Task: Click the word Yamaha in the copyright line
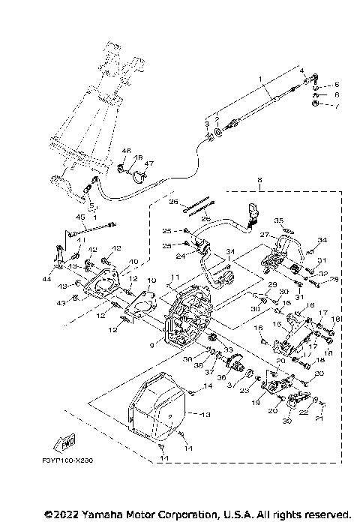click(x=93, y=514)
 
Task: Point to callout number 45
click(x=79, y=217)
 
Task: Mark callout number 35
click(x=277, y=220)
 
